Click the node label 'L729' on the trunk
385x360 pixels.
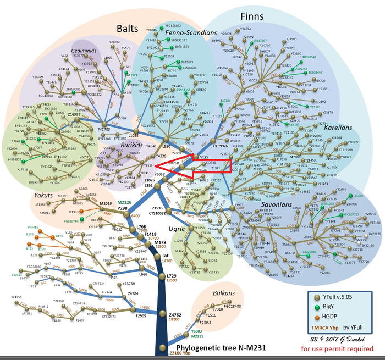click(171, 275)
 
